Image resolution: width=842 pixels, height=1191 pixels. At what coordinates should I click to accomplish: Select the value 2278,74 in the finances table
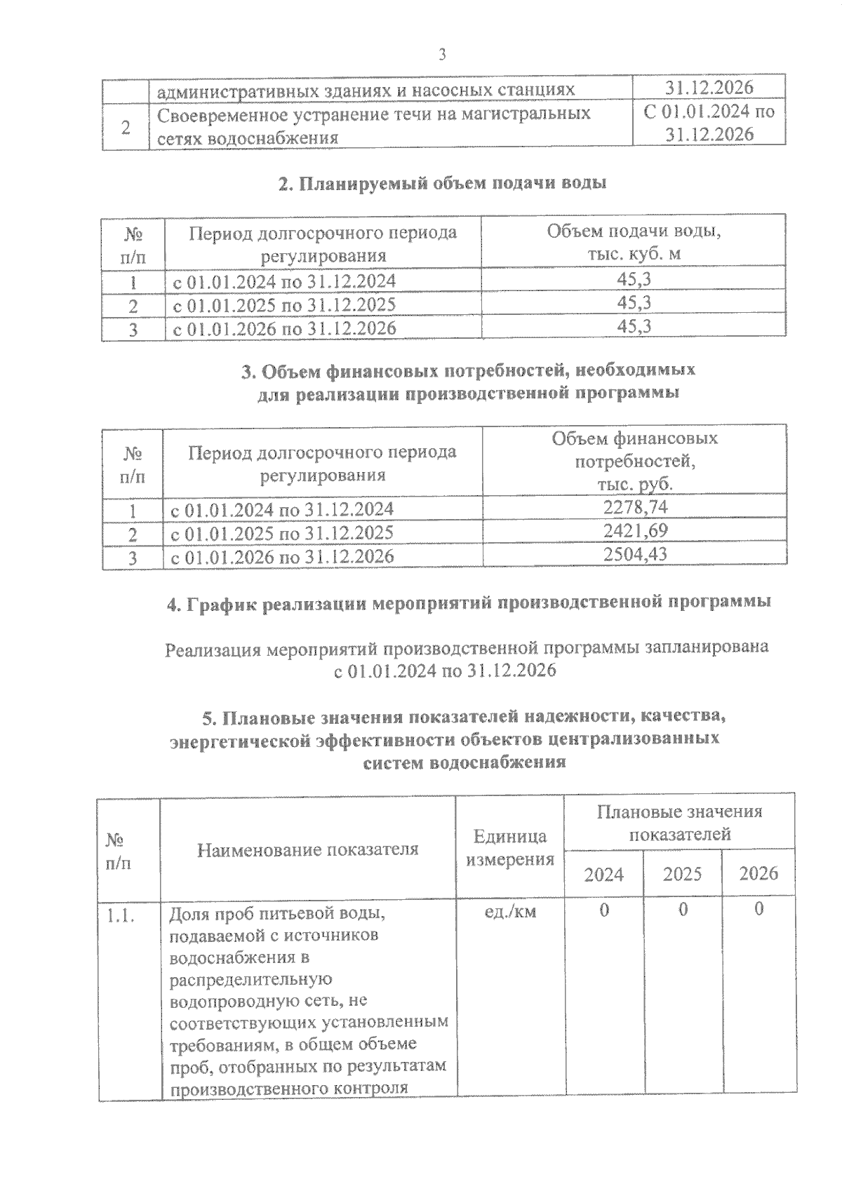coord(636,507)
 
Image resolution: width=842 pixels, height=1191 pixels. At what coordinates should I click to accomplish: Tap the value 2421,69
coord(636,530)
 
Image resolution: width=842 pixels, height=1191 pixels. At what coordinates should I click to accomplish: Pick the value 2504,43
coord(636,554)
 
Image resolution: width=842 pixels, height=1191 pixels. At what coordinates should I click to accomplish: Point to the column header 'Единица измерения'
coord(510,847)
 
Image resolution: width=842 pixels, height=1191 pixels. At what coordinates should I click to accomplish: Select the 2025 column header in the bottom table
coord(682,874)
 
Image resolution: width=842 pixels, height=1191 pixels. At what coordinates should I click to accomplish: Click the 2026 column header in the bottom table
coord(759,873)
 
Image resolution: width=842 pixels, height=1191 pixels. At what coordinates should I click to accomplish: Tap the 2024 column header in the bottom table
coord(604,875)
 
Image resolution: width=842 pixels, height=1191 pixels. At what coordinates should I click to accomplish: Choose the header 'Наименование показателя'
coord(307,849)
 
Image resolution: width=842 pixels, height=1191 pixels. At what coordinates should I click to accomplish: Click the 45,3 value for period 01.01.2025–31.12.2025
coord(634,303)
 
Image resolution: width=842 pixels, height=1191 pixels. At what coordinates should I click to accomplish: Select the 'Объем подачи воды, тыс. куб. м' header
coord(634,242)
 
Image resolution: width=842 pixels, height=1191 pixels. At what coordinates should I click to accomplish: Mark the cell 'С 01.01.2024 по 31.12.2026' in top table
coord(709,123)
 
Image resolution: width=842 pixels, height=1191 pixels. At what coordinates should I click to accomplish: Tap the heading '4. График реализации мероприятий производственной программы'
coord(468,603)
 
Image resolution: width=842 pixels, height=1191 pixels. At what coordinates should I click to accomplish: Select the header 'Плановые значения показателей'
coord(679,823)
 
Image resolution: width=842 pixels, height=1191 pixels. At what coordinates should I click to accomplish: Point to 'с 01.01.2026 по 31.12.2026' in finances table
coord(283,556)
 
